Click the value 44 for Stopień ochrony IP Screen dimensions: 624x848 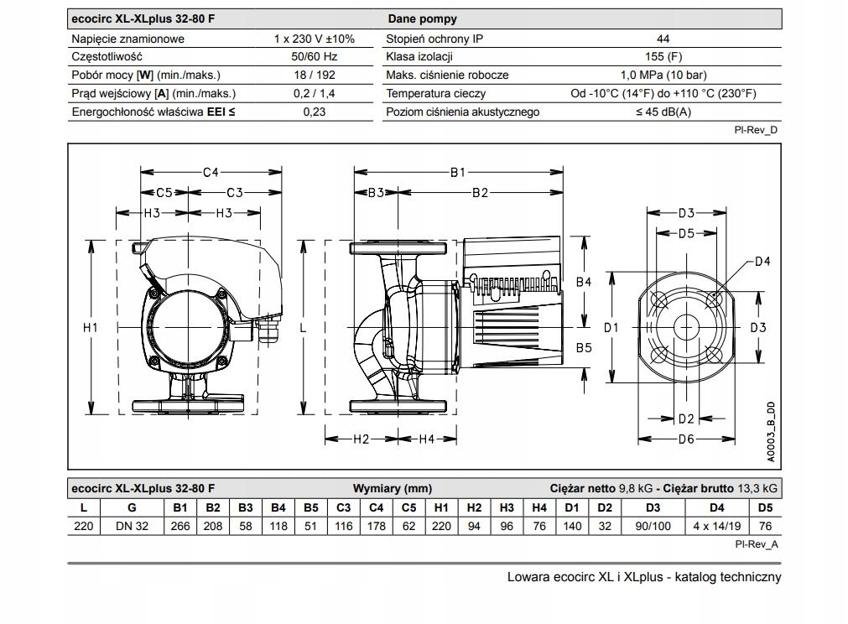663,39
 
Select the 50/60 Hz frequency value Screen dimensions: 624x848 315,57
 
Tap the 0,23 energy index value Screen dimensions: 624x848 315,112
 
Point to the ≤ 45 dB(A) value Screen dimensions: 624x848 663,112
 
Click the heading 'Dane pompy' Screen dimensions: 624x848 422,18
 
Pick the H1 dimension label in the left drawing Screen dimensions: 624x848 91,327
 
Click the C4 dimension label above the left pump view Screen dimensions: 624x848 211,172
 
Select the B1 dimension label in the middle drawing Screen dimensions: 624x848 458,172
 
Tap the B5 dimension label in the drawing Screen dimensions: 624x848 584,347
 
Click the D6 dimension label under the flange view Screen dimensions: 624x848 686,439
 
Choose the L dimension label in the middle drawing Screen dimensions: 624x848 304,327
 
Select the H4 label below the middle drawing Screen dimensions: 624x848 426,439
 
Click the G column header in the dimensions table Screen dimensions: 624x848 132,507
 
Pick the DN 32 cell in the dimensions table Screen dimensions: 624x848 132,526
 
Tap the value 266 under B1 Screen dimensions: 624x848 180,526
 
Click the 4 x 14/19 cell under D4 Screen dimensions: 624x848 716,526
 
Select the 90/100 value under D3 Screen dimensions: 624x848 653,526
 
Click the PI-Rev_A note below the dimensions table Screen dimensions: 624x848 756,544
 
